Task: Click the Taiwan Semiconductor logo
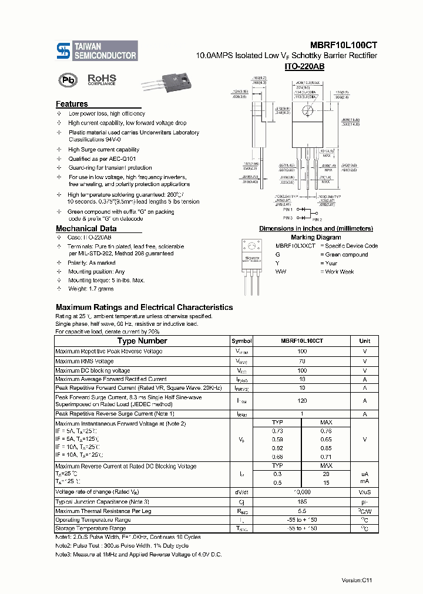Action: [x=96, y=50]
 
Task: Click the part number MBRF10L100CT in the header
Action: [x=344, y=45]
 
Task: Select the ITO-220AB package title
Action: [x=304, y=67]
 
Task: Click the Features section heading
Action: [x=72, y=104]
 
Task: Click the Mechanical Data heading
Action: [x=86, y=228]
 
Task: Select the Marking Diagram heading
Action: [x=316, y=237]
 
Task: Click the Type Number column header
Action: [x=142, y=340]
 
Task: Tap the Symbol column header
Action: [x=241, y=341]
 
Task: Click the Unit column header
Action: [x=365, y=341]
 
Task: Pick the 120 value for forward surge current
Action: [x=302, y=400]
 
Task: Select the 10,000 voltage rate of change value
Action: [x=302, y=492]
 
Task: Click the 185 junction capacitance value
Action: [x=302, y=501]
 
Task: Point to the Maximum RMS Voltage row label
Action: [x=85, y=361]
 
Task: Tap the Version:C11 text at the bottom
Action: [x=357, y=580]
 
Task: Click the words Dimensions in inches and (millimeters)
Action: [x=316, y=228]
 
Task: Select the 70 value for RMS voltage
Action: [x=302, y=361]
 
